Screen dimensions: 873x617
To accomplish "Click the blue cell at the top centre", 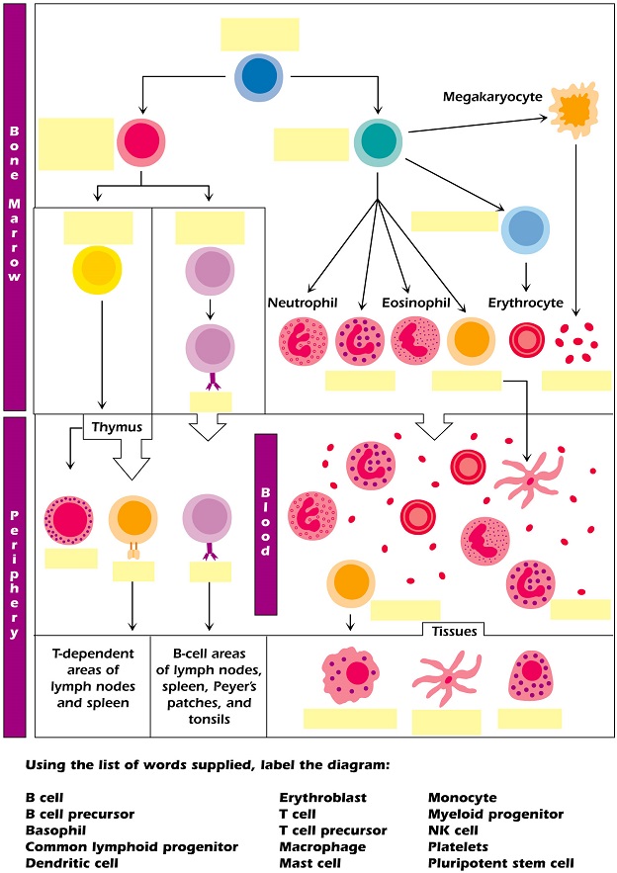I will (258, 77).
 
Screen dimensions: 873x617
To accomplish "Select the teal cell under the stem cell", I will (378, 142).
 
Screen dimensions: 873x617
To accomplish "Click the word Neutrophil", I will (305, 302).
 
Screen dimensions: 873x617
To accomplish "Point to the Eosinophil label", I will (416, 302).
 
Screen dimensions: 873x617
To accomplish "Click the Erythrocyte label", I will (526, 302).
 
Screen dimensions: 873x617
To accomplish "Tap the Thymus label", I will (117, 427).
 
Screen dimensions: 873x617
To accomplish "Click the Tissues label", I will (454, 631).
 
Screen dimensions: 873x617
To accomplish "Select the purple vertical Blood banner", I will (265, 524).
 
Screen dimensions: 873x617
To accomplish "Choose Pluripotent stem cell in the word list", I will (500, 863).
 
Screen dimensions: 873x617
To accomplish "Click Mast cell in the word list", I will (309, 863).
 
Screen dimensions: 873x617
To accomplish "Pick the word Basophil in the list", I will (55, 830).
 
